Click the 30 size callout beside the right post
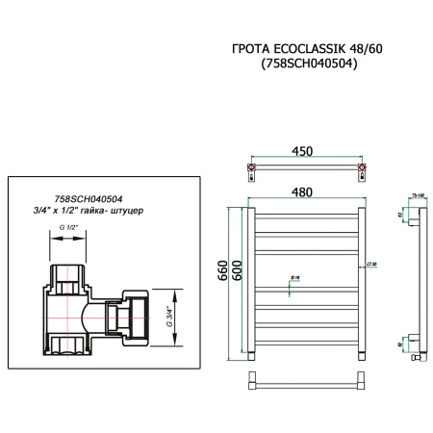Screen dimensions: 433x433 pyautogui.click(x=370, y=264)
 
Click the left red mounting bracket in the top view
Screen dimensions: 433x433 pyautogui.click(x=253, y=170)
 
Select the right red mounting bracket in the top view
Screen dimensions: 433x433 pyautogui.click(x=361, y=170)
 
